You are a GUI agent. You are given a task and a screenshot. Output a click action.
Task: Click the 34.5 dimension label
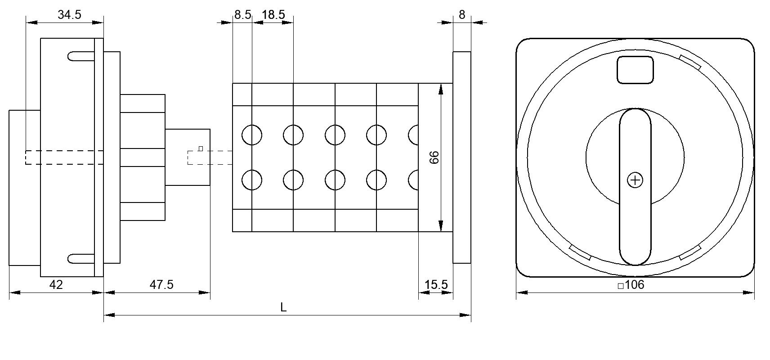point(69,14)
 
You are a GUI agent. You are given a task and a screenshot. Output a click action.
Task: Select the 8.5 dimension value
point(243,14)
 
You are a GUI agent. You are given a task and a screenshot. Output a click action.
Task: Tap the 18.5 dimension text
point(273,14)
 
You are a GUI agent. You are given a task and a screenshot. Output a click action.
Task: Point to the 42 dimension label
point(56,285)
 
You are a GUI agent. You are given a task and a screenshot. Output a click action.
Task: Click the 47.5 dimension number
point(161,285)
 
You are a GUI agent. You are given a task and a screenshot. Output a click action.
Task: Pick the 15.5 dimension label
point(436,285)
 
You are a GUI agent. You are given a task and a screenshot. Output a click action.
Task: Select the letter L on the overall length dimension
point(283,307)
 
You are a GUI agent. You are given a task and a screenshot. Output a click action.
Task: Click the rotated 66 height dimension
point(434,157)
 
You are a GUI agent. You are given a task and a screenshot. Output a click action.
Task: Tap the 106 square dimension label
point(631,285)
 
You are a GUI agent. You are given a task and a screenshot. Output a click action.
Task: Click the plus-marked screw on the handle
point(635,180)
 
